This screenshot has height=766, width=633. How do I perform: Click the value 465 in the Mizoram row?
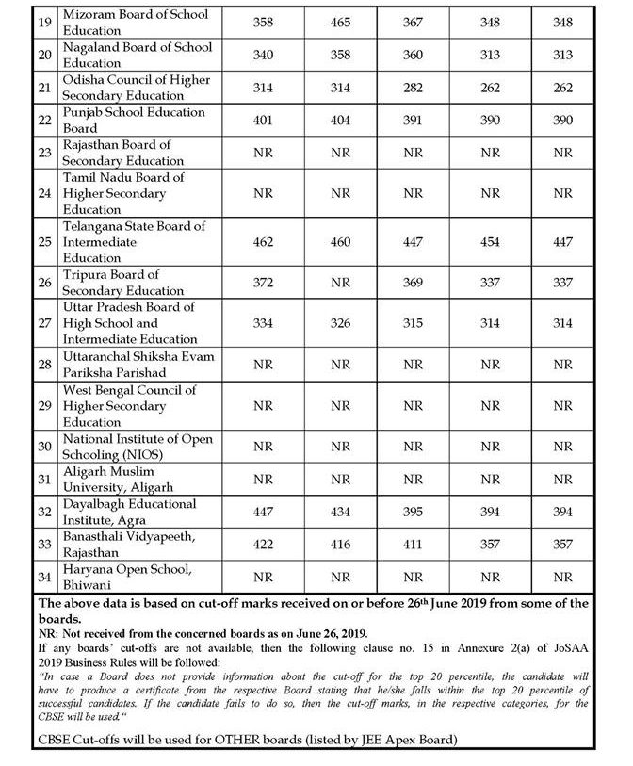coord(341,22)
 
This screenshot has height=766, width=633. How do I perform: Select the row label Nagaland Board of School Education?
coord(137,55)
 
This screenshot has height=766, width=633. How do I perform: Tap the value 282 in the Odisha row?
coord(414,88)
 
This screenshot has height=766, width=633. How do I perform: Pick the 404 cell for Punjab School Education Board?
coord(341,120)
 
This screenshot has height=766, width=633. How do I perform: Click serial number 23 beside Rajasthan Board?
coord(43,153)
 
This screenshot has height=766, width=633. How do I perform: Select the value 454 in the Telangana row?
coord(490,242)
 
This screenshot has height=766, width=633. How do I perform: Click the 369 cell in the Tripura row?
coord(414,283)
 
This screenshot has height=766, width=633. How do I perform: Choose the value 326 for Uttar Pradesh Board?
coord(341,323)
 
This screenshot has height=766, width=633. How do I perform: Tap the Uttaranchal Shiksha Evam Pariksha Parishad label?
coord(138,364)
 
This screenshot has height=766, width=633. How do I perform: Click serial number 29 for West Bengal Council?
coord(43,405)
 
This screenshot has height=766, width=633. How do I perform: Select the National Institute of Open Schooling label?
coord(138,447)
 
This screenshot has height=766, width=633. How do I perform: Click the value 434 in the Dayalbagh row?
coord(341,511)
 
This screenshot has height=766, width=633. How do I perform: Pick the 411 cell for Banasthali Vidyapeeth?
coord(414,544)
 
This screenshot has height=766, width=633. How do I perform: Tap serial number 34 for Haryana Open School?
coord(43,576)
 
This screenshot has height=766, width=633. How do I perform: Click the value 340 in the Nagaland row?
coord(264,55)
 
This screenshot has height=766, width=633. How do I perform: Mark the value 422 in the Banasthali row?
coord(264,544)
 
